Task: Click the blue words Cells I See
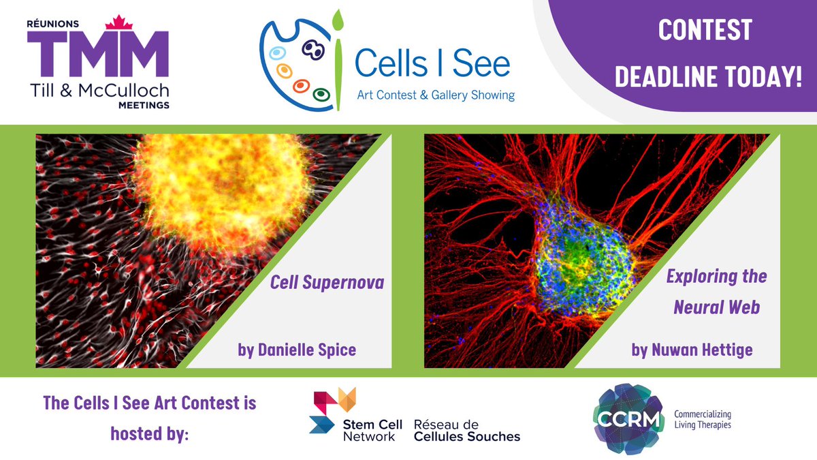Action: click(432, 64)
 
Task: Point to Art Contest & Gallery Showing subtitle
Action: click(436, 95)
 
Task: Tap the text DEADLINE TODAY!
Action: click(708, 77)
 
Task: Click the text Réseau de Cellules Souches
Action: click(466, 430)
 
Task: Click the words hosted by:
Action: click(149, 433)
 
